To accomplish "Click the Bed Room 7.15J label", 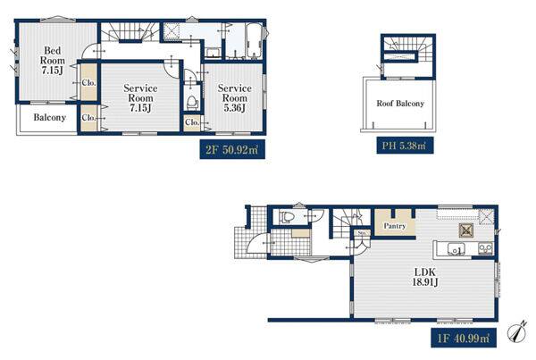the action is [x=53, y=61].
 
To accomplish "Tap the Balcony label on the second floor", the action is [x=49, y=117].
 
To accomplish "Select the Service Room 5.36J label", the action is [x=234, y=98].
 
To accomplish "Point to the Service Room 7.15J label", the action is [x=140, y=98].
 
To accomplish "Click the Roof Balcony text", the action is [x=400, y=104].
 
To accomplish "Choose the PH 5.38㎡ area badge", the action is [x=405, y=146].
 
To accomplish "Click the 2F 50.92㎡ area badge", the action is [x=232, y=149].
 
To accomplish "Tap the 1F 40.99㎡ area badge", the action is [x=464, y=339].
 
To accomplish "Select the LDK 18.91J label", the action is [x=425, y=277].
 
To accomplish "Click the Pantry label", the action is [x=395, y=226].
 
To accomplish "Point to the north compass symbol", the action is [x=516, y=331].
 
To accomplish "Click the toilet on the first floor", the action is [x=287, y=217].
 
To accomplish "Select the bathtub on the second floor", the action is [x=254, y=41].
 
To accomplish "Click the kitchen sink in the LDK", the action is [x=456, y=249].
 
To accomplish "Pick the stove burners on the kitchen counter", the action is [x=485, y=248].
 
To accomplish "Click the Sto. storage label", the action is [x=363, y=233].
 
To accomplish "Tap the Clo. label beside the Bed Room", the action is [x=88, y=83].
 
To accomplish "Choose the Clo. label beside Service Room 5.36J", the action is [x=192, y=122].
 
